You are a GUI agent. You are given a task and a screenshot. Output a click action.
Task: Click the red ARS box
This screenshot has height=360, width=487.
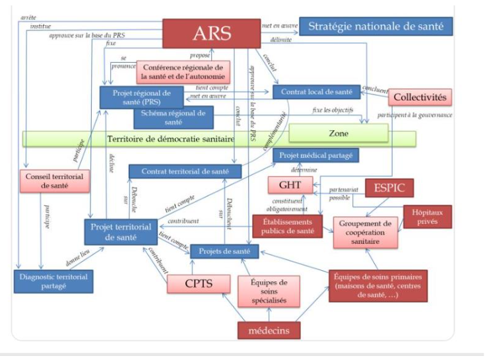coord(212,33)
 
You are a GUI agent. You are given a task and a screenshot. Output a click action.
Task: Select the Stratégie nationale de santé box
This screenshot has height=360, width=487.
coord(375,27)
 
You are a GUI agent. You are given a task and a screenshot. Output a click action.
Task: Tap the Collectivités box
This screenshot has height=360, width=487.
coord(420,98)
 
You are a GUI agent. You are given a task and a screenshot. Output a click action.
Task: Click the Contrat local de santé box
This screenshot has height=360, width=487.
coord(316,92)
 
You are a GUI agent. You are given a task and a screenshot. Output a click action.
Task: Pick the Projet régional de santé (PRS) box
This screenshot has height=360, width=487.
coord(141,97)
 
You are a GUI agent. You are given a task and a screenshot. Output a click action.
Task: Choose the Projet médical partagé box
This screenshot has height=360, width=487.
coord(316,156)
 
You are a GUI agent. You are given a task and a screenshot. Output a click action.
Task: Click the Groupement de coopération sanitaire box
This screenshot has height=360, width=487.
coord(366,233)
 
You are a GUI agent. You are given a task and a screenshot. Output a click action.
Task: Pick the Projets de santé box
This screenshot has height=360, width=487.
coord(223,251)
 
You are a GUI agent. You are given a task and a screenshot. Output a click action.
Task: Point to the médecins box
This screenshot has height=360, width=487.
coord(269,330)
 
